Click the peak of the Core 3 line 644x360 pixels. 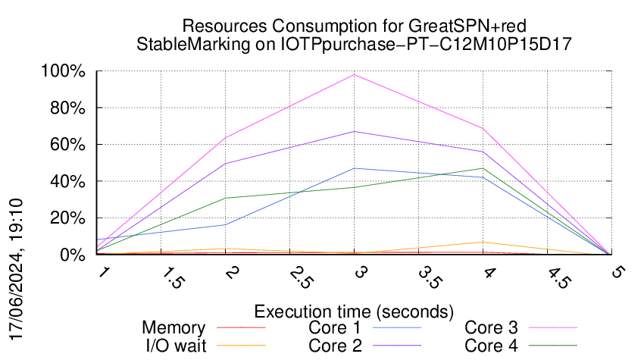pos(354,74)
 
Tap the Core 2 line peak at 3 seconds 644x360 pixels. pos(354,131)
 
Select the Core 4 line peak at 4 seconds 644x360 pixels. pos(482,168)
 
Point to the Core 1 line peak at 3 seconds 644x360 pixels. pos(354,168)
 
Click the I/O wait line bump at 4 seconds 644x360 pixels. pos(482,243)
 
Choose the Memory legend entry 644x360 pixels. pos(174,328)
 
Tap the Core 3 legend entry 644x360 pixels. pos(491,328)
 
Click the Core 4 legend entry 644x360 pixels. pos(491,346)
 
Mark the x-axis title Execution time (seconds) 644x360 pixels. pos(353,311)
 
